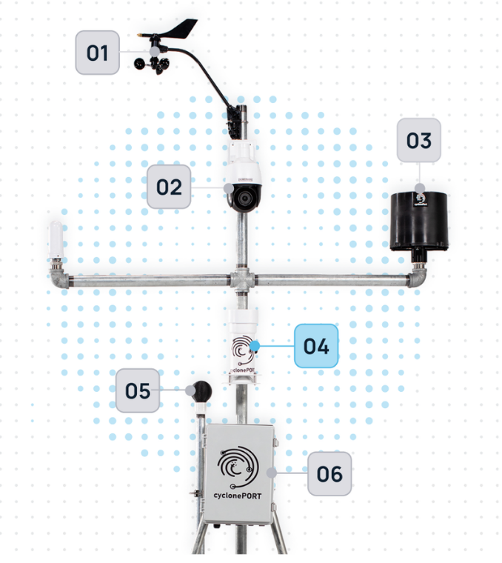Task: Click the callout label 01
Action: [x=98, y=53]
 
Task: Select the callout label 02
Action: [x=169, y=186]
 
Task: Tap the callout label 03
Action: [x=418, y=140]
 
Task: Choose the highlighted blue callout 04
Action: [x=317, y=346]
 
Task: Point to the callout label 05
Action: [x=138, y=390]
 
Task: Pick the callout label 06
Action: [x=329, y=472]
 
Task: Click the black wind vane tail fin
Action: [x=181, y=32]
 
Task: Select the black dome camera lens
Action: [x=242, y=197]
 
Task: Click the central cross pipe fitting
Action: [x=241, y=280]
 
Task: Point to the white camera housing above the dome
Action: [x=242, y=160]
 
